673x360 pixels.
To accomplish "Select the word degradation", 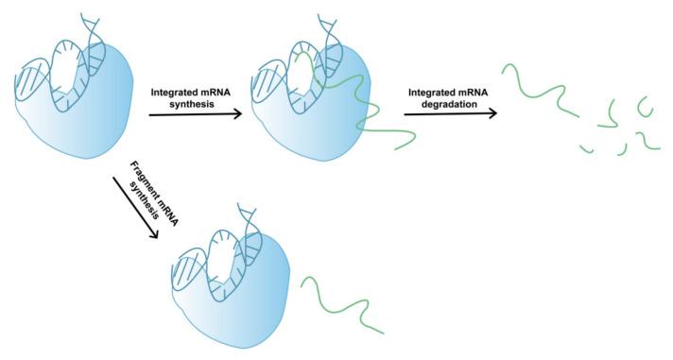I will (440, 104).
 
